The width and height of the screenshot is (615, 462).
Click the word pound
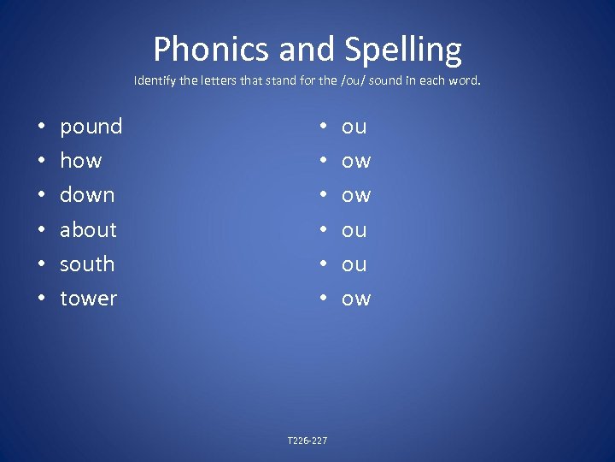click(x=91, y=127)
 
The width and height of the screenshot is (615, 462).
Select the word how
click(x=80, y=161)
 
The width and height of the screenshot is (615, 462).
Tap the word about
click(x=88, y=229)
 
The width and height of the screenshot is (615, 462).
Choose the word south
click(x=86, y=264)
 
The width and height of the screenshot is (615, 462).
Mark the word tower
click(x=88, y=299)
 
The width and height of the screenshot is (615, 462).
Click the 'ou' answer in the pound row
click(x=354, y=127)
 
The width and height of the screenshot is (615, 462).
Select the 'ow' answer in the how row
click(x=356, y=162)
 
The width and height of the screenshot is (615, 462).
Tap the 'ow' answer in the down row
click(x=356, y=196)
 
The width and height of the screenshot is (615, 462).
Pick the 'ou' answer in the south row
click(x=354, y=264)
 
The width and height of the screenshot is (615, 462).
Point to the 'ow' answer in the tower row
click(x=356, y=299)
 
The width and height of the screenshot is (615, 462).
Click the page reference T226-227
click(x=307, y=441)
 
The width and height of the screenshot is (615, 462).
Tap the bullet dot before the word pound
click(x=41, y=127)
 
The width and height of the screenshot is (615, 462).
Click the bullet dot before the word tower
click(x=41, y=299)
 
